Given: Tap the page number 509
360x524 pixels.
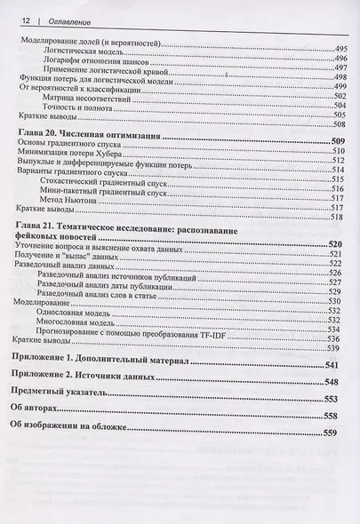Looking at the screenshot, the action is tap(337, 142).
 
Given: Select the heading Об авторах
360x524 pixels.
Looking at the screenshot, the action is tap(40, 411).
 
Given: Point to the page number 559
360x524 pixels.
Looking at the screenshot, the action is tap(331, 433).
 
